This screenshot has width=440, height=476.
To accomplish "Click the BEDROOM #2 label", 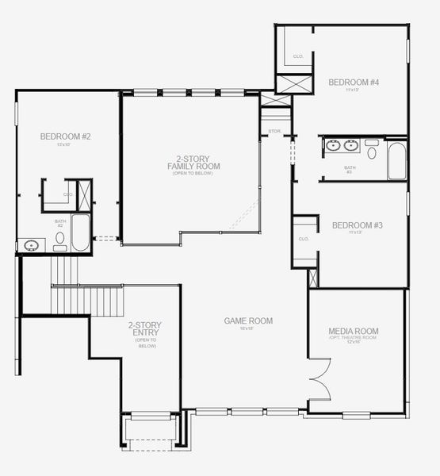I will [x=65, y=136].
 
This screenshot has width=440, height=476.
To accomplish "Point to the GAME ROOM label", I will [x=247, y=321].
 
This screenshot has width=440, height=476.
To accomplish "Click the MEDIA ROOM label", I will [x=354, y=331].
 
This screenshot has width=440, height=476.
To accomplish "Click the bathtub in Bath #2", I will [x=81, y=232].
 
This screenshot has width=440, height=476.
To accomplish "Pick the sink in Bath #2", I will [x=31, y=245].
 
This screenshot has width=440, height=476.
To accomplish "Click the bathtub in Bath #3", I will [x=396, y=160].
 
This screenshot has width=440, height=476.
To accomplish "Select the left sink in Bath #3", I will [x=334, y=145].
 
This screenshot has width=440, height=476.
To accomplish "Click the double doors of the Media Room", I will [x=319, y=379].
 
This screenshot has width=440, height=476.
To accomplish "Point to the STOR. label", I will [x=275, y=131].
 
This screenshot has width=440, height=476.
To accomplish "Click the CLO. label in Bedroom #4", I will [x=298, y=56].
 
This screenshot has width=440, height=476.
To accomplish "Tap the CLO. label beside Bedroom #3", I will [x=303, y=239].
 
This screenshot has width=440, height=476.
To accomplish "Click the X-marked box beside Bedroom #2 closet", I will [x=86, y=194].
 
